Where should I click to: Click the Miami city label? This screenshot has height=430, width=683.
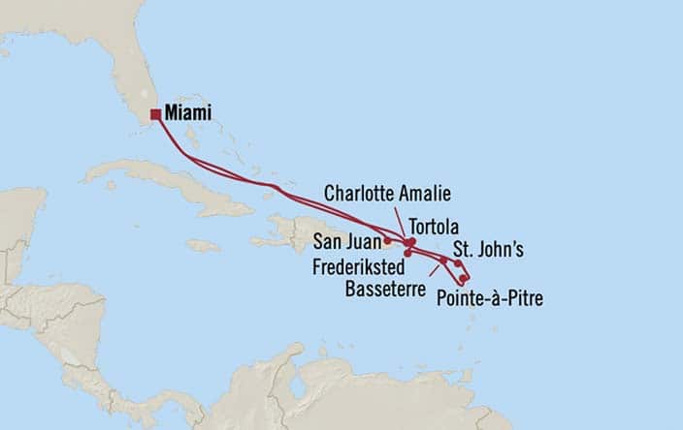(188, 113)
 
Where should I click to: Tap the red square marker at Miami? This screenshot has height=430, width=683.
(155, 114)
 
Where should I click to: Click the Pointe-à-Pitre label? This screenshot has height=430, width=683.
(490, 297)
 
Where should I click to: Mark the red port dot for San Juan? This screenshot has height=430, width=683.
(387, 239)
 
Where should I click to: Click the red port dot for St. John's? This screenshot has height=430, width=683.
(458, 262)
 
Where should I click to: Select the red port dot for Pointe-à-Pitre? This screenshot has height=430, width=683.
(464, 279)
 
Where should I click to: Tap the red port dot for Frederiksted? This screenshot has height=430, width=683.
(407, 254)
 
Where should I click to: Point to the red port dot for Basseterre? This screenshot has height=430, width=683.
(443, 261)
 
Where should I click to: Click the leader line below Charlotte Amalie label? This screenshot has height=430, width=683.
(401, 220)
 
